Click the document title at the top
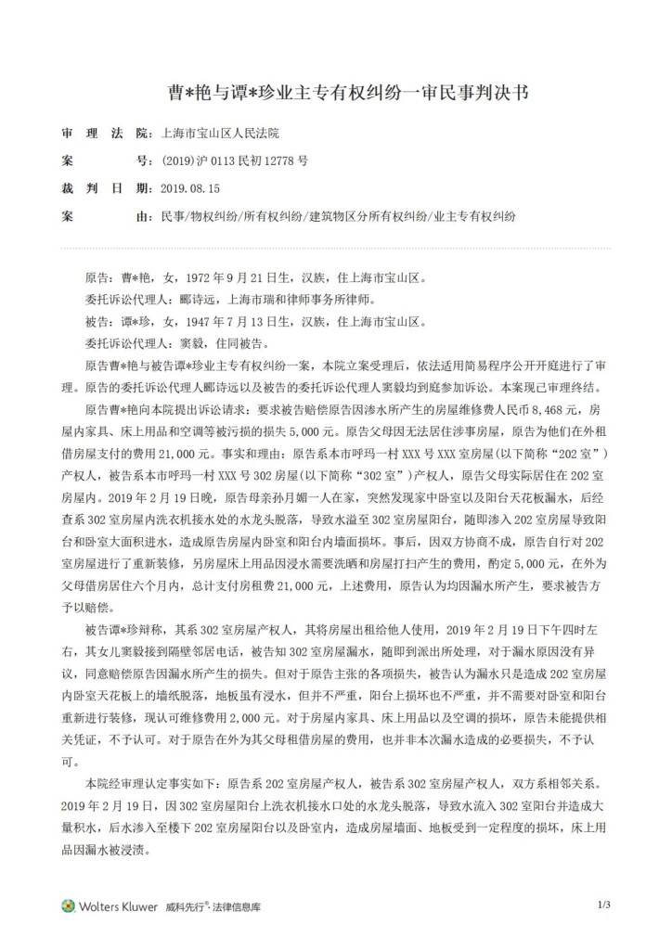coord(335,93)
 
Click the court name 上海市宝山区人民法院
coord(220,134)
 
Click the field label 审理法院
coord(103,134)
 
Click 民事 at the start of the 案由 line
coord(173,215)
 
